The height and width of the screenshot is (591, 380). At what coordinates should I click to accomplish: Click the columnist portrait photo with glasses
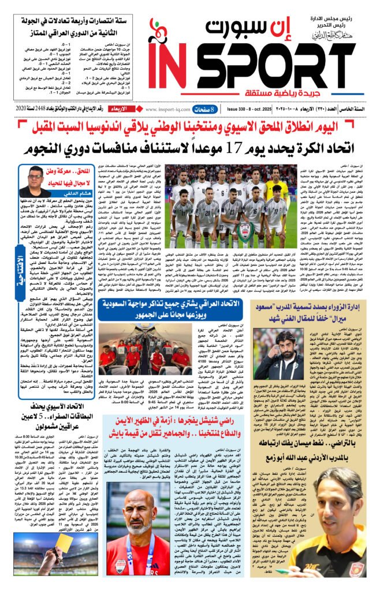(35, 181)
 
